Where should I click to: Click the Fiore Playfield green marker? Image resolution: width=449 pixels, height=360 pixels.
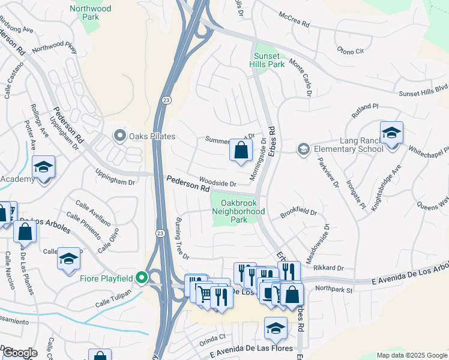click(142, 277)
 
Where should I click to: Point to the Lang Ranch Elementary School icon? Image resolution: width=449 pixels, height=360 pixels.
click(304, 148)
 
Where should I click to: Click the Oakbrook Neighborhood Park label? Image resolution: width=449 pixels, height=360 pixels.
click(239, 211)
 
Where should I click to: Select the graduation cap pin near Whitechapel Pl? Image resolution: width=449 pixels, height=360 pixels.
click(391, 133)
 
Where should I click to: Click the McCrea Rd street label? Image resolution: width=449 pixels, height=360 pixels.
click(297, 25)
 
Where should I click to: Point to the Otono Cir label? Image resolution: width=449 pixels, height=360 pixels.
click(351, 51)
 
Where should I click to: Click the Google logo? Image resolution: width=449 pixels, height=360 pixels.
click(19, 353)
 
